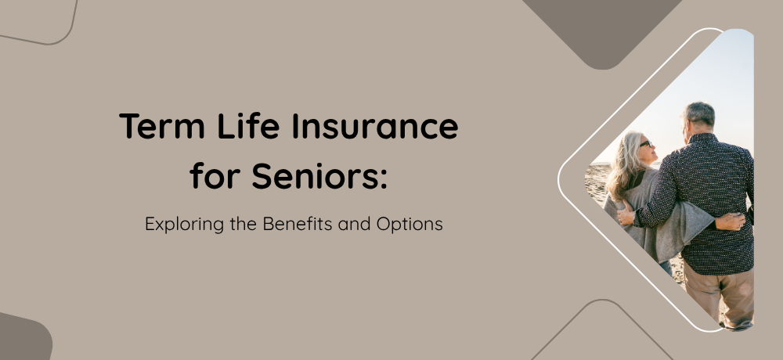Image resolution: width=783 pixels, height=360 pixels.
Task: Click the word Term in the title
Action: (162, 126)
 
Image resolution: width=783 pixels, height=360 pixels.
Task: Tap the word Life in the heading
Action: (248, 125)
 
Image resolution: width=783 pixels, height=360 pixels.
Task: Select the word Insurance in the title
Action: (375, 125)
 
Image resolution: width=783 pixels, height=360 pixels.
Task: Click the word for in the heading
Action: (215, 175)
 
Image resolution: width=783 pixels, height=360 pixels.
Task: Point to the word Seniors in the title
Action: (314, 176)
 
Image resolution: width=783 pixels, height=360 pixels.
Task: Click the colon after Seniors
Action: (384, 179)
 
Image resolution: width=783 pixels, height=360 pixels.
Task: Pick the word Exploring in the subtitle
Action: (184, 225)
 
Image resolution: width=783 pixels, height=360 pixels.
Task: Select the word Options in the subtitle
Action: (410, 225)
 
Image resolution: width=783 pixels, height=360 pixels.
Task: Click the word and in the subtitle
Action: (355, 224)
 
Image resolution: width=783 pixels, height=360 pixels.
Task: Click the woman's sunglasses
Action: (646, 144)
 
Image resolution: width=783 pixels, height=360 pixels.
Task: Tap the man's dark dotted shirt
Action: (709, 200)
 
